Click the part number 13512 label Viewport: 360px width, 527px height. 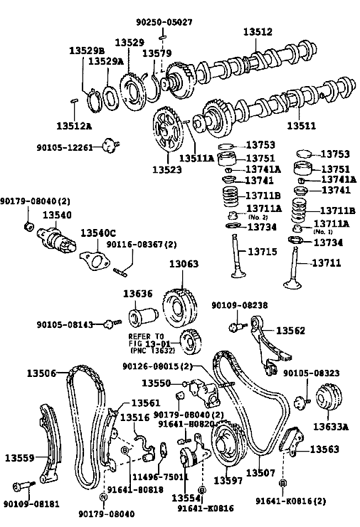coord(258,32)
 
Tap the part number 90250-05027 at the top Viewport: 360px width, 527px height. coord(164,22)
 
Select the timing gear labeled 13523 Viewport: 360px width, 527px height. coord(168,129)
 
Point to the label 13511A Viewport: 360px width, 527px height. coord(196,158)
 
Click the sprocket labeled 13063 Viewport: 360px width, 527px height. coord(180,306)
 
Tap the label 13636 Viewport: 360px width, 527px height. coord(137,294)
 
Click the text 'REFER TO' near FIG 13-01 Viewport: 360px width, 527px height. coord(146,336)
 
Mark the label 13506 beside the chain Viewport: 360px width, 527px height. coord(41,373)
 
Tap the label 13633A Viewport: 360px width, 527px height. coord(331,427)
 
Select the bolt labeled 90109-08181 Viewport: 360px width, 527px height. coord(23,486)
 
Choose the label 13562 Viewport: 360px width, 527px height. coord(290,331)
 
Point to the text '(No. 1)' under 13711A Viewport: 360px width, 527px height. coord(323,232)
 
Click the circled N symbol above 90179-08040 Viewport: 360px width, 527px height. coord(104,496)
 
